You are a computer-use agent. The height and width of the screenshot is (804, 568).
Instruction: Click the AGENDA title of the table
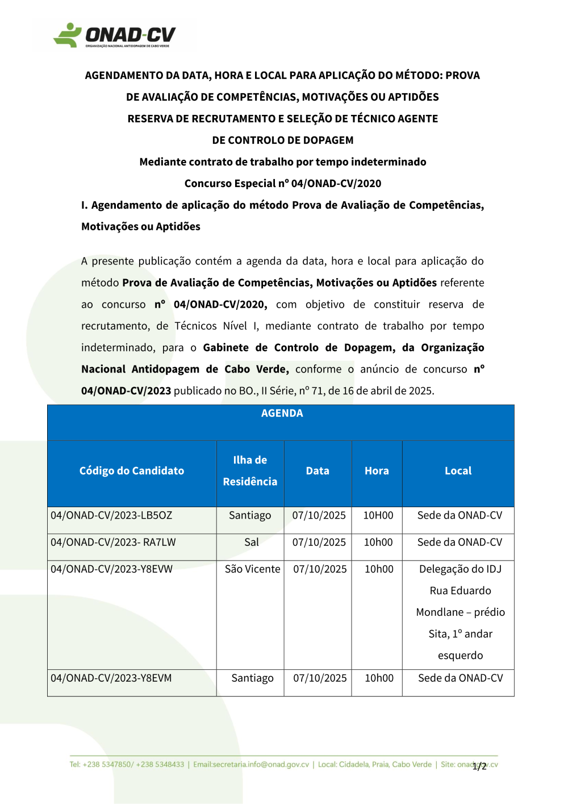tap(282, 413)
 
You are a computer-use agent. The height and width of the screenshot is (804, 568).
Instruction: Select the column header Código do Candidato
tap(132, 471)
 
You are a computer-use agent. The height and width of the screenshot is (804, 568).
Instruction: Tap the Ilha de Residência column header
tap(250, 471)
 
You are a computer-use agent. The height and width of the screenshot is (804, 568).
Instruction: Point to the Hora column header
tap(377, 471)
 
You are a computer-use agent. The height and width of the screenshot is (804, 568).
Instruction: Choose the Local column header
tap(458, 471)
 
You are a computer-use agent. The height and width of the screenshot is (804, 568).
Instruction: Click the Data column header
tap(318, 471)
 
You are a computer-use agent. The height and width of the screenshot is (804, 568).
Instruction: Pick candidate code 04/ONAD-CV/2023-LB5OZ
tap(111, 516)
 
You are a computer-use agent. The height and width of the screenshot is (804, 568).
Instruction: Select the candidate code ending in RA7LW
tap(113, 542)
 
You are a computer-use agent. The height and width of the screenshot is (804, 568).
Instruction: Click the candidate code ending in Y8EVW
tap(111, 569)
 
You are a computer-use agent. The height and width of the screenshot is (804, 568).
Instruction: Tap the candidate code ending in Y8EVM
tap(111, 678)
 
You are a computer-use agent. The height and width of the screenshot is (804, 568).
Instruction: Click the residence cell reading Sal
tap(252, 542)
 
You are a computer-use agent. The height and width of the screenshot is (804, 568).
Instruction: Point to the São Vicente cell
tap(252, 569)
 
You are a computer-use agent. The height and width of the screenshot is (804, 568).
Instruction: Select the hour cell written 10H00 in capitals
tap(378, 516)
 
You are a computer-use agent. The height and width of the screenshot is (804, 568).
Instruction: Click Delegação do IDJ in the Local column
tap(460, 569)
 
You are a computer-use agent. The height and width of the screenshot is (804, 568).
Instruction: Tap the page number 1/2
tap(479, 766)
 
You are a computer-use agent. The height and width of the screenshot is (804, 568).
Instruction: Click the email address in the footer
tap(251, 765)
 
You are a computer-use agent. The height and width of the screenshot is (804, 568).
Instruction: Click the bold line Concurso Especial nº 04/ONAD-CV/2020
tap(283, 184)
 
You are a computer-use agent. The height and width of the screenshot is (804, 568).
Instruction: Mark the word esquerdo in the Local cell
tap(460, 656)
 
